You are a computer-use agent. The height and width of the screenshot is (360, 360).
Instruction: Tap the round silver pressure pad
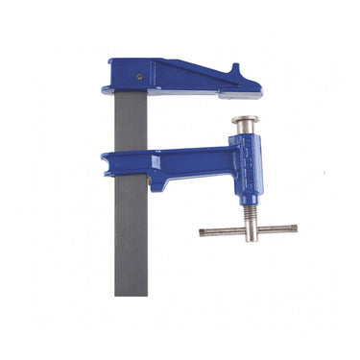245,122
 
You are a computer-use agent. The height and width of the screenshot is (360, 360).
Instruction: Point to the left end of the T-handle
203,231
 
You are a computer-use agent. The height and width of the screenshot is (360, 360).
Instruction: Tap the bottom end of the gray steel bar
131,291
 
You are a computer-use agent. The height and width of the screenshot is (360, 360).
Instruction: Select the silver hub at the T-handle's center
249,229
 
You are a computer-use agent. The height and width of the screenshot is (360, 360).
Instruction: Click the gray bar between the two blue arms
131,122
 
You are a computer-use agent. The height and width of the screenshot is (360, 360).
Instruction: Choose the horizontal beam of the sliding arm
182,158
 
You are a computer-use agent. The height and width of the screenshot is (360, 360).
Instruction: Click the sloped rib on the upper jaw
187,72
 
